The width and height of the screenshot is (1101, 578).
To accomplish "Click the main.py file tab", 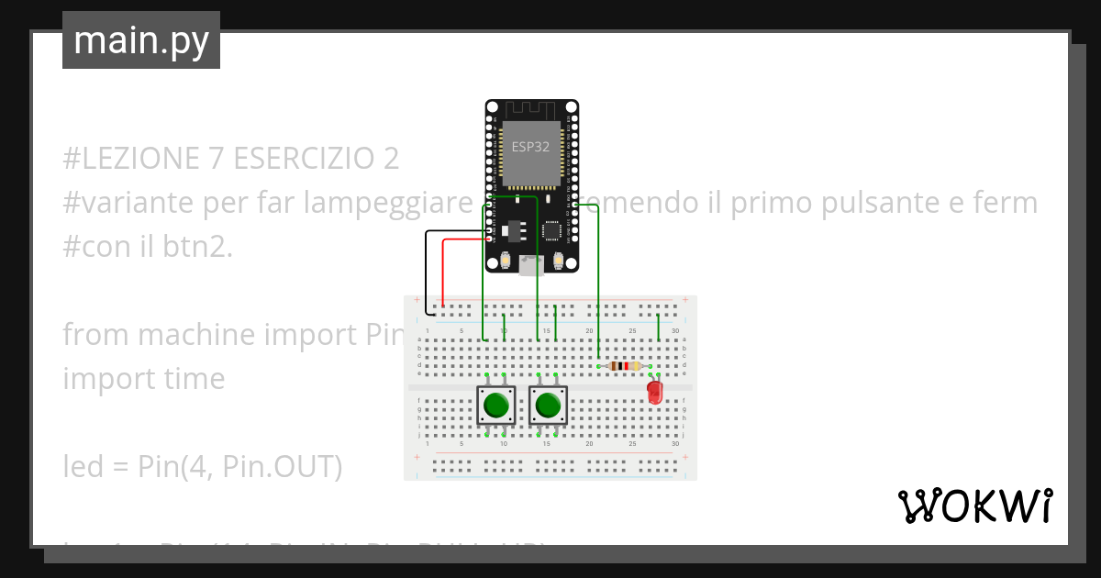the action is coord(140,40).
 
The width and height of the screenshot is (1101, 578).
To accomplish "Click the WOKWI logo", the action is coord(974,506).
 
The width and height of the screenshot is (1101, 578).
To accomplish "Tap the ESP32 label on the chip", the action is coord(531,146).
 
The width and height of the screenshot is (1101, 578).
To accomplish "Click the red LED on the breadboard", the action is coord(655,392).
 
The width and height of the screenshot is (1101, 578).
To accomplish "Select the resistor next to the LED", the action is coord(624,366).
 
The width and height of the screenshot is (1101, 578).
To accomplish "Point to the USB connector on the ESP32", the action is coord(530,266).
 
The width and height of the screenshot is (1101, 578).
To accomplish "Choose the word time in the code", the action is coord(196,379).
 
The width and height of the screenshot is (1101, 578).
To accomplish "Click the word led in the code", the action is coord(82,467).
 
